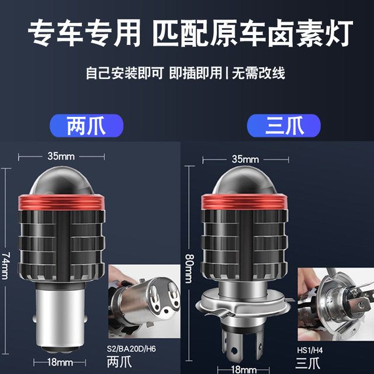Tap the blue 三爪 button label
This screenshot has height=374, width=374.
283,126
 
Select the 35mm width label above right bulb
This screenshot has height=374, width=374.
245,159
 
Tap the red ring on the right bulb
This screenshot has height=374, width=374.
245,202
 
